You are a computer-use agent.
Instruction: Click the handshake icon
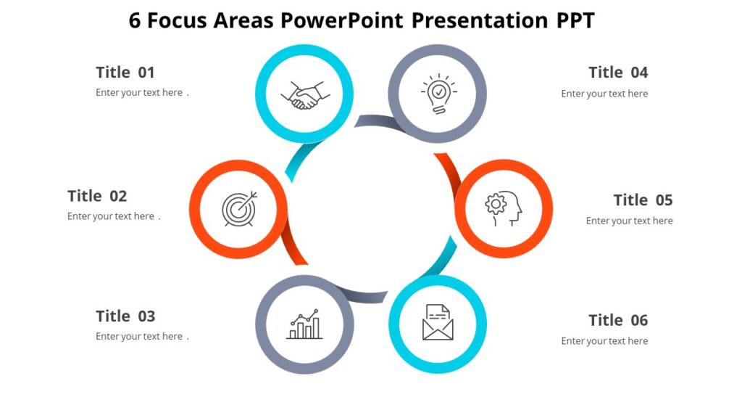point(305,95)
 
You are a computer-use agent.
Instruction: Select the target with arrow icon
point(239,209)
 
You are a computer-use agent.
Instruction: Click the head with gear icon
point(504,208)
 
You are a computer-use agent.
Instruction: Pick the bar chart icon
point(304,324)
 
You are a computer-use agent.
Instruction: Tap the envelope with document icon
point(438,323)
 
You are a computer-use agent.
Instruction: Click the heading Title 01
point(125,73)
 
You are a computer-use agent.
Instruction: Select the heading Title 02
point(97,196)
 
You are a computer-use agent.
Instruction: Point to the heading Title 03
point(125,316)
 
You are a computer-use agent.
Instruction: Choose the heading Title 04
point(618,73)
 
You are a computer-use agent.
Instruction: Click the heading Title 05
point(643,200)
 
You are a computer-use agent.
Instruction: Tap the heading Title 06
point(618,321)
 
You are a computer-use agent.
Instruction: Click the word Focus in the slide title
point(177,20)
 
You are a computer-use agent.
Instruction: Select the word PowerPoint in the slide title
point(342,20)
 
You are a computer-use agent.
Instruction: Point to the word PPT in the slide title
point(575,20)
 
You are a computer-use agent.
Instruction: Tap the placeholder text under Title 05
point(629,221)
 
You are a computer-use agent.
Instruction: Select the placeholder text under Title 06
point(604,341)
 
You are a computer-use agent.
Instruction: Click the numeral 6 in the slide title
point(135,20)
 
